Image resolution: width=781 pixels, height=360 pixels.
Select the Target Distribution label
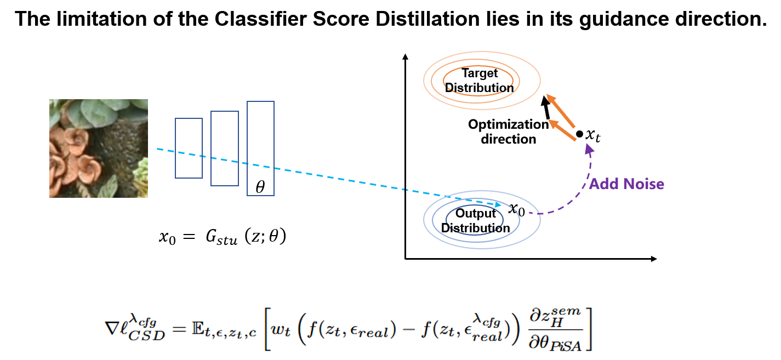pos(480,81)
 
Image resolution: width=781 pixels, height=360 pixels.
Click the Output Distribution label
pos(475,221)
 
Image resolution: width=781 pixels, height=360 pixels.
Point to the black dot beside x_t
pos(579,134)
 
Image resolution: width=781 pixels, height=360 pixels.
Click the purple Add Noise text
pos(626,184)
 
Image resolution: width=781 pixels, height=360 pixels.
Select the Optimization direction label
pos(508,132)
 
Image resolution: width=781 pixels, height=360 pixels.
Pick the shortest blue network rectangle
pos(189,148)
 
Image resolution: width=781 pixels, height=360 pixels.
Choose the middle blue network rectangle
pos(225,148)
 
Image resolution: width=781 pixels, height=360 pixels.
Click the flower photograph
pos(99,148)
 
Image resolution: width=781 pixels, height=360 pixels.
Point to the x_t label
pos(594,135)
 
